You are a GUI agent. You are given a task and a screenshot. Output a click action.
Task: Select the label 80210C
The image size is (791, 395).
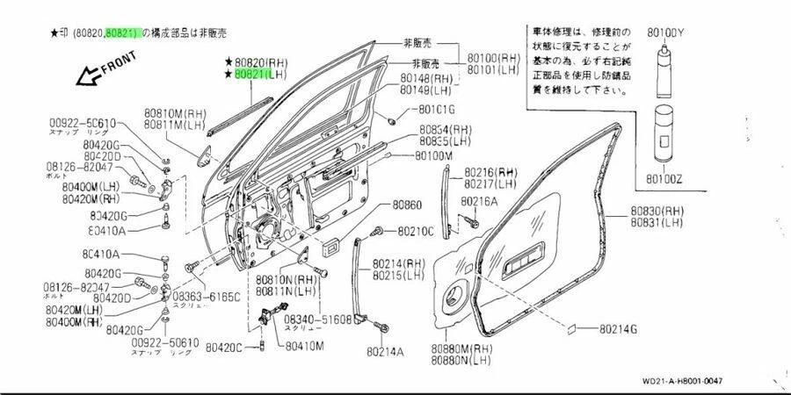pos(416,232)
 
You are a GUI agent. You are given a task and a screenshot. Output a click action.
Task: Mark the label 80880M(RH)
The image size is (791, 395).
pos(462,348)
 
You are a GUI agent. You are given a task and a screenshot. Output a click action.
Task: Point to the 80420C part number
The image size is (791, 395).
pos(224,348)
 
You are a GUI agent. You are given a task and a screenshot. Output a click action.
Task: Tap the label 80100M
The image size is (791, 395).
pos(434,155)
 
